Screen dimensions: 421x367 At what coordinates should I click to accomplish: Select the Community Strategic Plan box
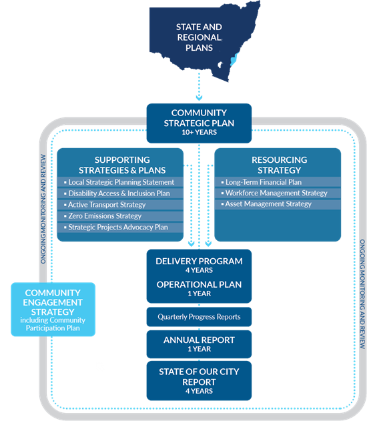199,122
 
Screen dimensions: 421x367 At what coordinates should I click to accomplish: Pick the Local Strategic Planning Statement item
120,182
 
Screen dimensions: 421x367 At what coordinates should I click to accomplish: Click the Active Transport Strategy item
107,205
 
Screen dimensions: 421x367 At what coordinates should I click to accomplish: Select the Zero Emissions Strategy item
105,216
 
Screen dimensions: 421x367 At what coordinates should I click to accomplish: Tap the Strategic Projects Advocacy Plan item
117,228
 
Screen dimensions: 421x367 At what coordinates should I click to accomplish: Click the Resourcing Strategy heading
278,164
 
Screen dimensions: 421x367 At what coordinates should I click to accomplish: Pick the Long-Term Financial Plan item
263,182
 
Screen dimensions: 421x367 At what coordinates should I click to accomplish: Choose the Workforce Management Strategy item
276,193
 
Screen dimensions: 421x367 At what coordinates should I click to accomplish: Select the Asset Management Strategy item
268,204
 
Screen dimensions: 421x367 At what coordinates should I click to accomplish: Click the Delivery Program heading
199,261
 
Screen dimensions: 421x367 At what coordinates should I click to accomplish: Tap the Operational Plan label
199,284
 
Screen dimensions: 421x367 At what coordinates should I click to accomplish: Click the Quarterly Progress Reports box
199,316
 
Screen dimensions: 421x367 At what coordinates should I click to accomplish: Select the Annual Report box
199,344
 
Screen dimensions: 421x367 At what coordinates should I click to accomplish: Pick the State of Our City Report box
199,380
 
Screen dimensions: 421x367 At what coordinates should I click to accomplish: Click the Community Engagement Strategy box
53,309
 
